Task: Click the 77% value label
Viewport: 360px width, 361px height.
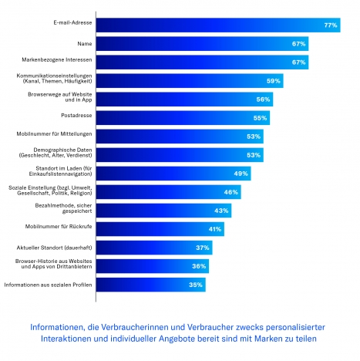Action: (x=331, y=25)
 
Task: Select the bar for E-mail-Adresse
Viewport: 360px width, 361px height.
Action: (x=218, y=25)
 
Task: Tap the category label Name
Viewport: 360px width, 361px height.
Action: (x=85, y=44)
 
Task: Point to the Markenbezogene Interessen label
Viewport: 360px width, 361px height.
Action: (x=57, y=59)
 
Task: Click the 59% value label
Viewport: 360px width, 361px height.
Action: (x=273, y=81)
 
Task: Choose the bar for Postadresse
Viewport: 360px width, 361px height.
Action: (x=183, y=118)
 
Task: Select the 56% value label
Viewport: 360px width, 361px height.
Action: (x=263, y=100)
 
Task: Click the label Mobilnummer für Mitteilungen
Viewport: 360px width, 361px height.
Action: (x=54, y=133)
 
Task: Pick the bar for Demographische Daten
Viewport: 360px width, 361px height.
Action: (x=180, y=155)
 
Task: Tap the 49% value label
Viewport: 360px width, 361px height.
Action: (x=241, y=174)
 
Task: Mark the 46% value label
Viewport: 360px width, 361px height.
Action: (x=231, y=192)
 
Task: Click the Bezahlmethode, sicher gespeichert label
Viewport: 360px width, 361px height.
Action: (x=63, y=208)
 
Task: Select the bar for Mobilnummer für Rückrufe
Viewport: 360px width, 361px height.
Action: (x=160, y=229)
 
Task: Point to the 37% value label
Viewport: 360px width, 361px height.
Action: (x=203, y=248)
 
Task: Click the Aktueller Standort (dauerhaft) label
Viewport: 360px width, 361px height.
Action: (x=54, y=248)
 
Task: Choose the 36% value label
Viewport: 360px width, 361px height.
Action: (x=199, y=266)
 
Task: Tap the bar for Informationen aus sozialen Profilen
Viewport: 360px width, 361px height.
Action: (x=151, y=285)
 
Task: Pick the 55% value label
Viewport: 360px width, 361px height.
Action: (x=260, y=118)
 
